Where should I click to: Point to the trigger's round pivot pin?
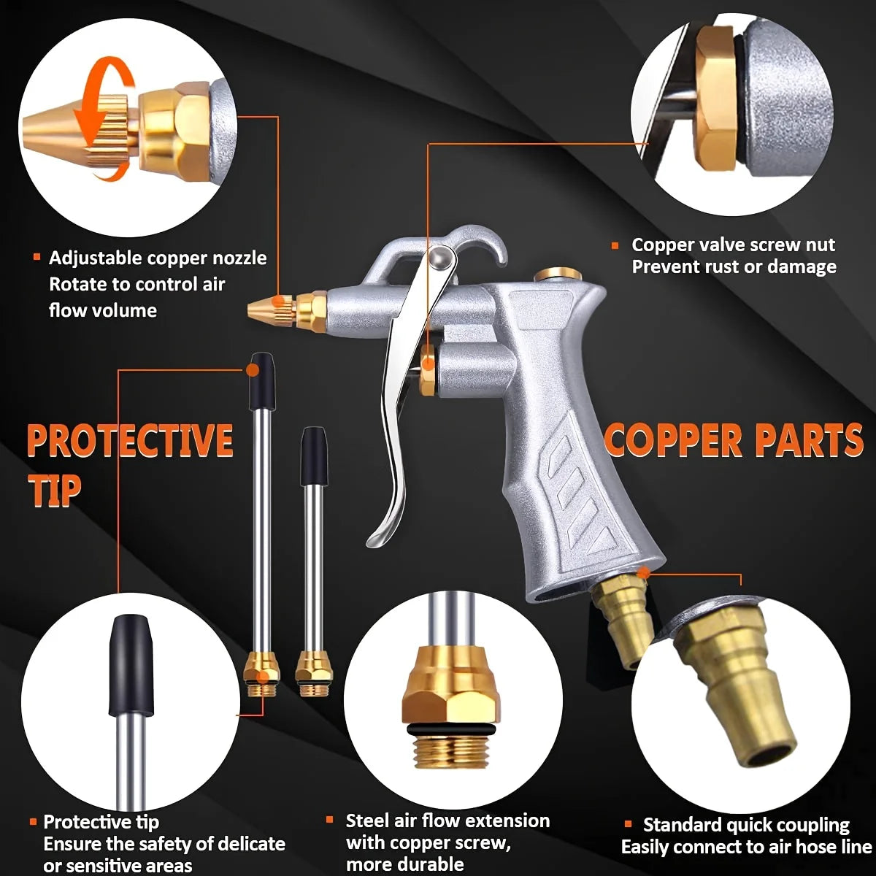click(x=442, y=258)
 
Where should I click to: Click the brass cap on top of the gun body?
click(x=558, y=275)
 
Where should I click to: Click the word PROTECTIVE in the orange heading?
click(x=130, y=441)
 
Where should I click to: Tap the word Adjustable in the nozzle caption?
click(x=95, y=258)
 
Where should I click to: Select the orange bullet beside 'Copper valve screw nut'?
click(x=615, y=246)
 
